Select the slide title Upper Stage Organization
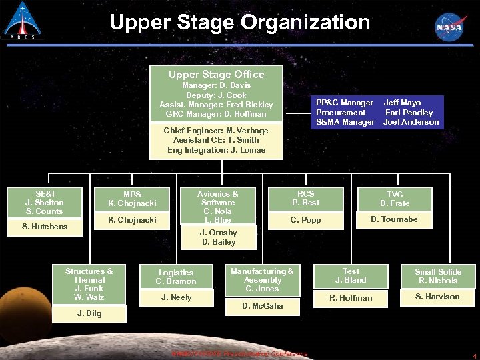[x=239, y=23]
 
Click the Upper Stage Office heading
[x=216, y=75]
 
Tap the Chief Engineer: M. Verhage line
[x=216, y=131]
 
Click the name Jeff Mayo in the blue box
[x=402, y=103]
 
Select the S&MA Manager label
[x=345, y=122]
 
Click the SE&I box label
[x=45, y=193]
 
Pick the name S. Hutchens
[x=45, y=227]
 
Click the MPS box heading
[x=132, y=195]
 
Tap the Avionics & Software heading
[x=218, y=198]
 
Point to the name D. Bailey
[x=219, y=242]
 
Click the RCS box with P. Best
[x=305, y=198]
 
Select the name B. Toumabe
[x=394, y=219]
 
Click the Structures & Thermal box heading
[x=89, y=275]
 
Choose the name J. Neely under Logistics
[x=176, y=297]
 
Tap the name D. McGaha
[x=262, y=306]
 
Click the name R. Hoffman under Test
[x=351, y=298]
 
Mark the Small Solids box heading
[x=437, y=272]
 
